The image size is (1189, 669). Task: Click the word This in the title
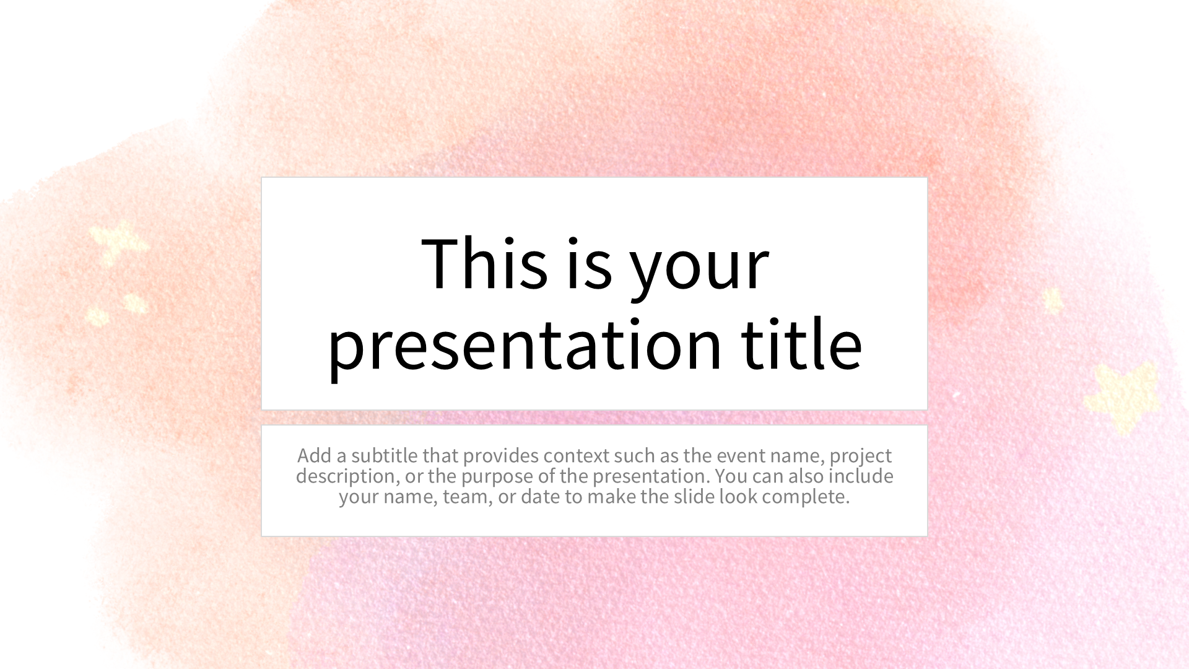484,263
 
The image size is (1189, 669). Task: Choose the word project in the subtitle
861,457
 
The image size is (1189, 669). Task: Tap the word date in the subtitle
541,496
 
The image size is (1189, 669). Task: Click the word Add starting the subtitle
315,455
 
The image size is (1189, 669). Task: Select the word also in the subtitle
806,476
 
